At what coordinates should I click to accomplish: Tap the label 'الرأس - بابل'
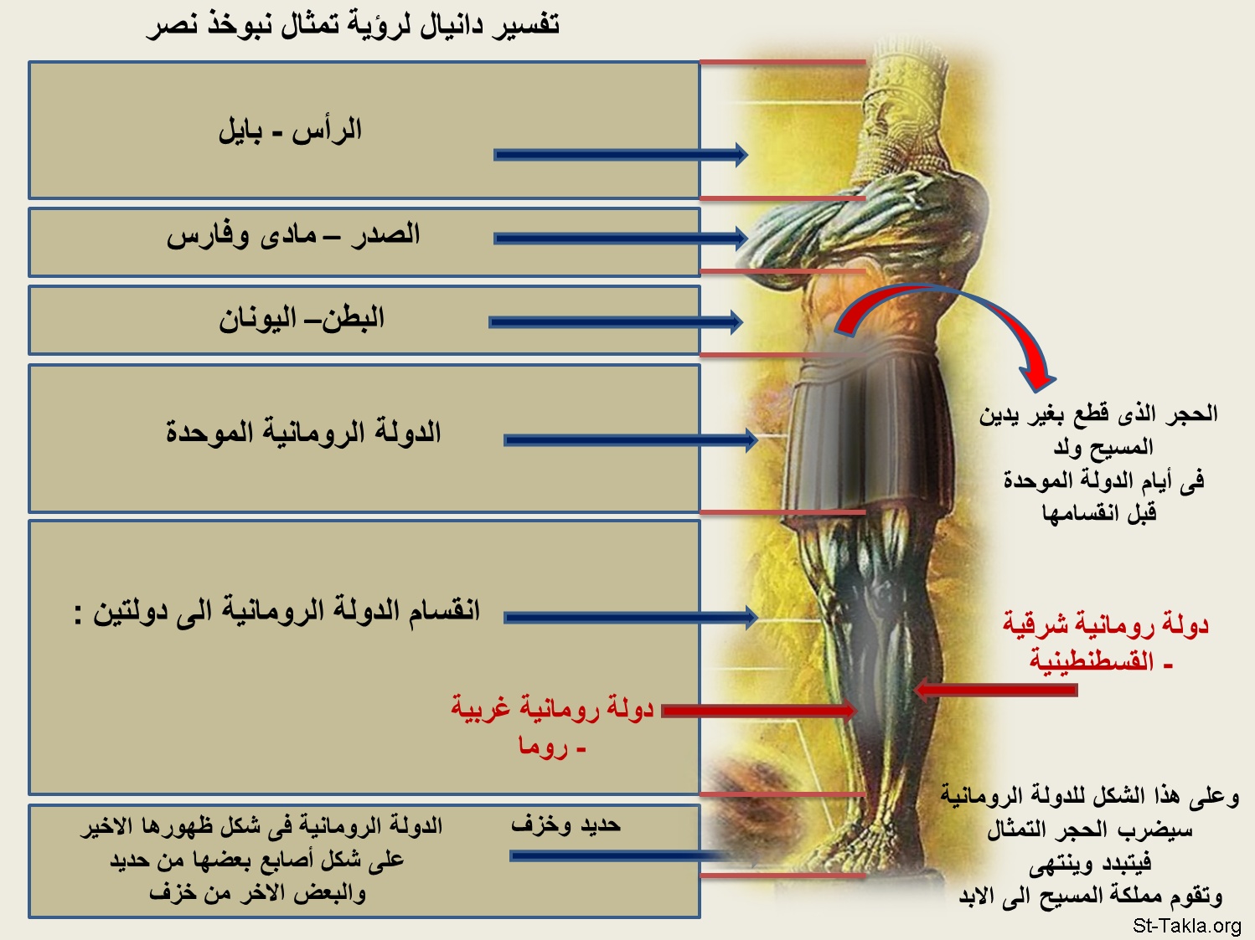point(291,131)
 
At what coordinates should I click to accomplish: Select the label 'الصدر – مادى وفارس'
point(293,234)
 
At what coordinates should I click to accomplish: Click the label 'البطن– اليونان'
point(302,319)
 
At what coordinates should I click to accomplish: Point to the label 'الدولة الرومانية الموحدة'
point(303,432)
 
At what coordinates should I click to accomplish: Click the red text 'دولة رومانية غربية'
point(552,708)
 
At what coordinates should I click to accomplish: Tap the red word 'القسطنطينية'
point(1092,661)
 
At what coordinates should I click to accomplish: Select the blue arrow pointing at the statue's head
point(621,155)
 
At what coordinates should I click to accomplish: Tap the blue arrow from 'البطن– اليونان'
point(616,322)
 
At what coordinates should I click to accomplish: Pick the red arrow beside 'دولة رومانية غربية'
point(759,711)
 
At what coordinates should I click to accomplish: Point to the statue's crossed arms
point(864,229)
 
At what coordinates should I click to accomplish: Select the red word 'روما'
point(543,747)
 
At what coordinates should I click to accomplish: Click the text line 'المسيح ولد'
point(1103,447)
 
